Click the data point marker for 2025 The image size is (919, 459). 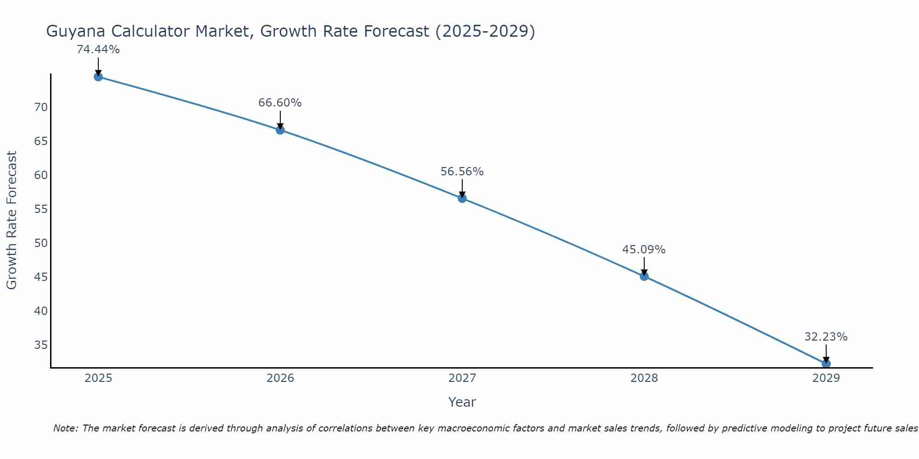[98, 77]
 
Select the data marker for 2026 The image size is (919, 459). [280, 130]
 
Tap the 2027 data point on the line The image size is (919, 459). [462, 198]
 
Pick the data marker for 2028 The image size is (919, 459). [644, 276]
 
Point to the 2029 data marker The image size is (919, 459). [826, 364]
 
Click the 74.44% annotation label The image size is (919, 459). [98, 50]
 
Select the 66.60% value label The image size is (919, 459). [280, 103]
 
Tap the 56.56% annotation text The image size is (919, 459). [462, 172]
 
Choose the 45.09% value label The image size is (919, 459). [644, 250]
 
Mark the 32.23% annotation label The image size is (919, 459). [826, 337]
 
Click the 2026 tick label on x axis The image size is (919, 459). [280, 378]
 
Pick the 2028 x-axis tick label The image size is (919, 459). [644, 378]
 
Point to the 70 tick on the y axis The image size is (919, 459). [41, 107]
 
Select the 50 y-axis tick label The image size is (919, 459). [41, 243]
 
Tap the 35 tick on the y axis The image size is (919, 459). [41, 345]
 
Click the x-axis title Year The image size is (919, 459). [462, 402]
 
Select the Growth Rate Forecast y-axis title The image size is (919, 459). [11, 220]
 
